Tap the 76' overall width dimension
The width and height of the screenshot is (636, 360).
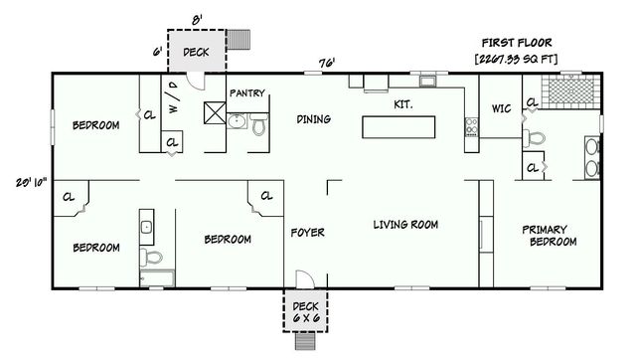click(326, 63)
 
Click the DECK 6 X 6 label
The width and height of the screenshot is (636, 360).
click(303, 311)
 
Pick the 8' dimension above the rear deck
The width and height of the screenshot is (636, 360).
click(196, 18)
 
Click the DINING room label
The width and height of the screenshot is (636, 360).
click(313, 119)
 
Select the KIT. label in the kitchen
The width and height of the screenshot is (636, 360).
click(403, 102)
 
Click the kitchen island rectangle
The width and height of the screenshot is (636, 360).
click(399, 127)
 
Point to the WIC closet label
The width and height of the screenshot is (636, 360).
click(501, 108)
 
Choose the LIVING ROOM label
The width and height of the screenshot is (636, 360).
click(405, 224)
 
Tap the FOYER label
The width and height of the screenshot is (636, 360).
click(307, 233)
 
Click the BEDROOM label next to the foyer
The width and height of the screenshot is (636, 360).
click(228, 239)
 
